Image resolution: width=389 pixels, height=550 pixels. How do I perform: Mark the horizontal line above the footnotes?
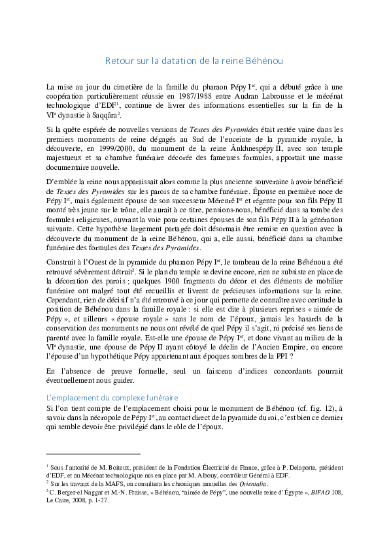[x=93, y=453]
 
